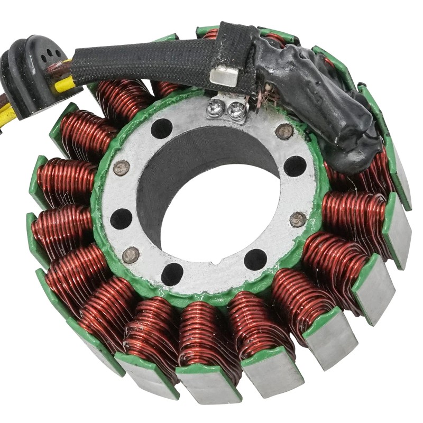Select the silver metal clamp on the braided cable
point(223,76)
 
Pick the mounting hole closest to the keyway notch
point(255,259)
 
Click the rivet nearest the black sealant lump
point(284,130)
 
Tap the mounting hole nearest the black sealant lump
point(295,165)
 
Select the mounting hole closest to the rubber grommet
point(161,128)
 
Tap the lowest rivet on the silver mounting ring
point(131,255)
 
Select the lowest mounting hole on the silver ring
point(172,273)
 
